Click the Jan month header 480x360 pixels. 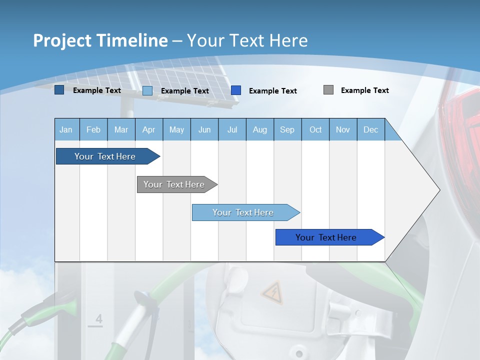pos(66,129)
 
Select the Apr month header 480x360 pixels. pos(148,129)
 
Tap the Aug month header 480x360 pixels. pos(259,129)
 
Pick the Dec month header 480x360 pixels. pos(370,129)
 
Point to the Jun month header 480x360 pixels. pos(204,129)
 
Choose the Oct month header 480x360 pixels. pos(315,129)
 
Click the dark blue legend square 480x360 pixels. pos(59,90)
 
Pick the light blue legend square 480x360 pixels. pos(147,90)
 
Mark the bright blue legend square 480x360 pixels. pos(236,90)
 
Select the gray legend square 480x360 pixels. pos(328,90)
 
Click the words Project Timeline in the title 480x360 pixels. pos(100,40)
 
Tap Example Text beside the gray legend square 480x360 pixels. pos(364,90)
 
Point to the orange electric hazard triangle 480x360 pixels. pos(272,292)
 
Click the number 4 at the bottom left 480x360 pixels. pos(98,319)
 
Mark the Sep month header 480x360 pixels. pos(287,129)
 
